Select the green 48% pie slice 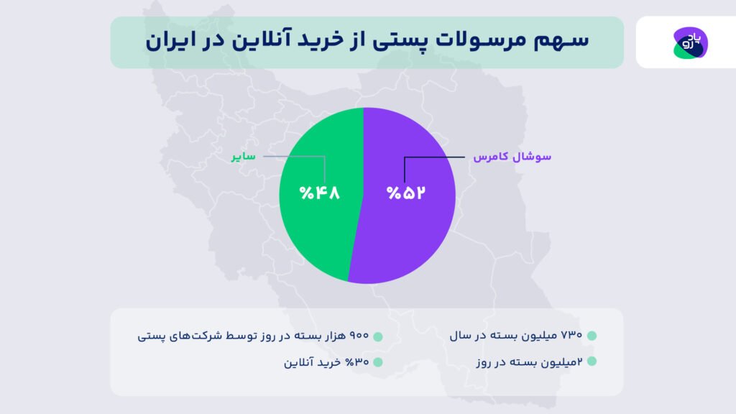click(316, 230)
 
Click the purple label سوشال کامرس click(512, 156)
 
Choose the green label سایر click(243, 156)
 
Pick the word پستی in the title click(406, 41)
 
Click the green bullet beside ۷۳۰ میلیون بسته click(592, 336)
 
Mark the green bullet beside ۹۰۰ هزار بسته click(378, 336)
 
